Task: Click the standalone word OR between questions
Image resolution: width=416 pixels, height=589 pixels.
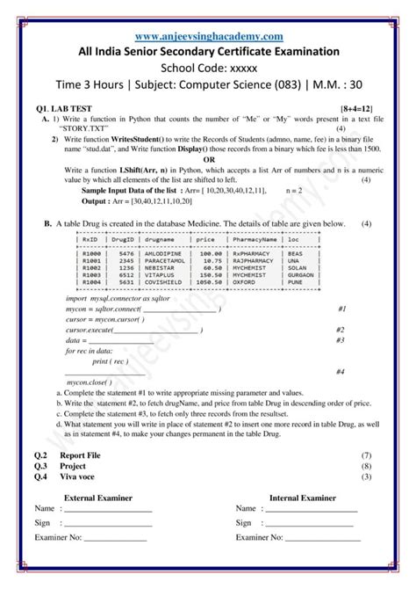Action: point(208,160)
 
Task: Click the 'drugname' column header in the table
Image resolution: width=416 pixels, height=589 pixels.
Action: point(160,238)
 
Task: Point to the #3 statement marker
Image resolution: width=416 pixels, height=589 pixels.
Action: point(340,339)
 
